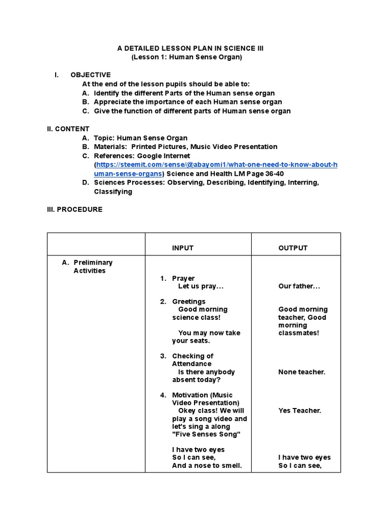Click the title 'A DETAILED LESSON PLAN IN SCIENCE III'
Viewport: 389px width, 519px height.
coord(190,48)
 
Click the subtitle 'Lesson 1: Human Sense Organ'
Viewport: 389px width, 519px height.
coord(187,57)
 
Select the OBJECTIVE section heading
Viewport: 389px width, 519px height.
coord(90,75)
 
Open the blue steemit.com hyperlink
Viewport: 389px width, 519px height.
coord(216,165)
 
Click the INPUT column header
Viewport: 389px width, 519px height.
coord(182,248)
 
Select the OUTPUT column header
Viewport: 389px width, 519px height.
coord(293,248)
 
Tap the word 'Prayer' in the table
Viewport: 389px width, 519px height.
coord(183,278)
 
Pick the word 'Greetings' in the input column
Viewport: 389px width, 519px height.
coord(188,302)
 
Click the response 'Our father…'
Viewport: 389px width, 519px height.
coord(299,286)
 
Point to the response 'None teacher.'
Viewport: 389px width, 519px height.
coord(302,372)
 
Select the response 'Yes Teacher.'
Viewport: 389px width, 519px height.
coord(300,411)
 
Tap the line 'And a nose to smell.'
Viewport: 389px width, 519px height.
coord(207,465)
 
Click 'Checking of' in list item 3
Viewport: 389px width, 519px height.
coord(192,356)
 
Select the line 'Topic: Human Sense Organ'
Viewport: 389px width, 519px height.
coord(140,138)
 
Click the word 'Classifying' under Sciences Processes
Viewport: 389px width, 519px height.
coord(113,192)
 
